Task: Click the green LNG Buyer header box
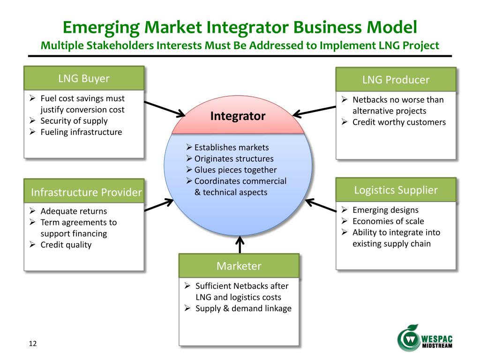tap(84, 78)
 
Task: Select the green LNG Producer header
tap(396, 80)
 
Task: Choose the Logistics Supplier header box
tap(396, 190)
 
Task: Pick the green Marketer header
tap(239, 266)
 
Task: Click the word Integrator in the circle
tap(238, 116)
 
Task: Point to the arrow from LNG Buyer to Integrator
tap(165, 108)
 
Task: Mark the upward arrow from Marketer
tap(240, 244)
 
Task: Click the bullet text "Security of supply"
tap(74, 121)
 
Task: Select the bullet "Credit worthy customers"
tap(399, 122)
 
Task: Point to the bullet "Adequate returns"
tap(74, 211)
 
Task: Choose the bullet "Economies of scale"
tap(388, 221)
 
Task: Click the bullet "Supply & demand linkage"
tap(243, 308)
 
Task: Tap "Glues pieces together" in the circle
tap(235, 170)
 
